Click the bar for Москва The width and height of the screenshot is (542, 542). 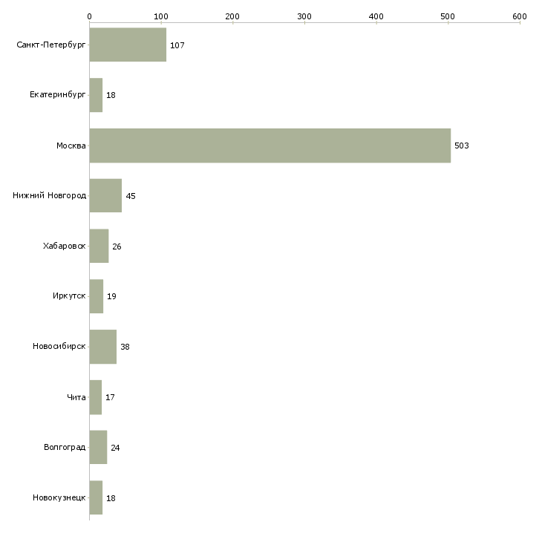pyautogui.click(x=270, y=146)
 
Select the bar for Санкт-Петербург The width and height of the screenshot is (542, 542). pyautogui.click(x=128, y=45)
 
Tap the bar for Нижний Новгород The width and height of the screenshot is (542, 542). pyautogui.click(x=105, y=196)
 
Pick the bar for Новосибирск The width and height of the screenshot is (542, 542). pyautogui.click(x=103, y=347)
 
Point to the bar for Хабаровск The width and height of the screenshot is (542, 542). pyautogui.click(x=99, y=246)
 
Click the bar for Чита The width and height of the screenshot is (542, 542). pyautogui.click(x=96, y=397)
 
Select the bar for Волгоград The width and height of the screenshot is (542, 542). pyautogui.click(x=98, y=448)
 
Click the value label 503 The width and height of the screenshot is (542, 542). pyautogui.click(x=462, y=146)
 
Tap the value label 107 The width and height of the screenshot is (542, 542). pyautogui.click(x=177, y=46)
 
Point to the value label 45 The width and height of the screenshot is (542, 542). pyautogui.click(x=131, y=197)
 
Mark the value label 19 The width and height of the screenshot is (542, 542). pyautogui.click(x=111, y=297)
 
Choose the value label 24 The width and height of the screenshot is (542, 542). pyautogui.click(x=115, y=448)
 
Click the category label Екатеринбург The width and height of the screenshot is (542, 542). pyautogui.click(x=58, y=96)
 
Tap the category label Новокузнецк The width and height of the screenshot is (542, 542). pyautogui.click(x=59, y=498)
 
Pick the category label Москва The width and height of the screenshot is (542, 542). pyautogui.click(x=71, y=146)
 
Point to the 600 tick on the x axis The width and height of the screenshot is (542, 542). pyautogui.click(x=520, y=16)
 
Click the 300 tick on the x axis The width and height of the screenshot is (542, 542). pyautogui.click(x=304, y=16)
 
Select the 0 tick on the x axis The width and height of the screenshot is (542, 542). pyautogui.click(x=89, y=16)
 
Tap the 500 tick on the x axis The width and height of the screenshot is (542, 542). pyautogui.click(x=448, y=16)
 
